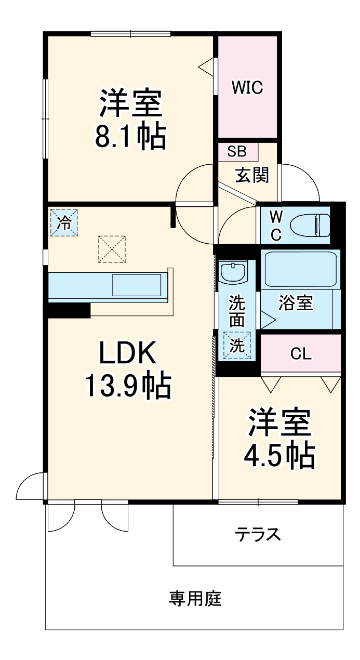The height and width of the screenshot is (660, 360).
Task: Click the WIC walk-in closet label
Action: pos(247,88)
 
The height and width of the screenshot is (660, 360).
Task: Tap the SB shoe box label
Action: pos(237,152)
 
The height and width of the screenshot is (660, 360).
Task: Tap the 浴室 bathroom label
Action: pos(296,303)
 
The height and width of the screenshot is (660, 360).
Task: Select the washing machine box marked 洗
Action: pos(237,346)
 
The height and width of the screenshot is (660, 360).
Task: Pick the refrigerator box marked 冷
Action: pos(64,222)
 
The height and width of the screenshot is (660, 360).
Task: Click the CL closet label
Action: pos(301,354)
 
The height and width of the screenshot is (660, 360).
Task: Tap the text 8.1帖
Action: pos(130,136)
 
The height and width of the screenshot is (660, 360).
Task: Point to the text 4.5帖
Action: pos(279,456)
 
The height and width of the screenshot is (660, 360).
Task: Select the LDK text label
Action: pos(128,354)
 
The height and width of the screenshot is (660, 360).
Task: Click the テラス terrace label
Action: pos(258,534)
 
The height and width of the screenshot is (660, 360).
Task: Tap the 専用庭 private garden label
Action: pos(195,599)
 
